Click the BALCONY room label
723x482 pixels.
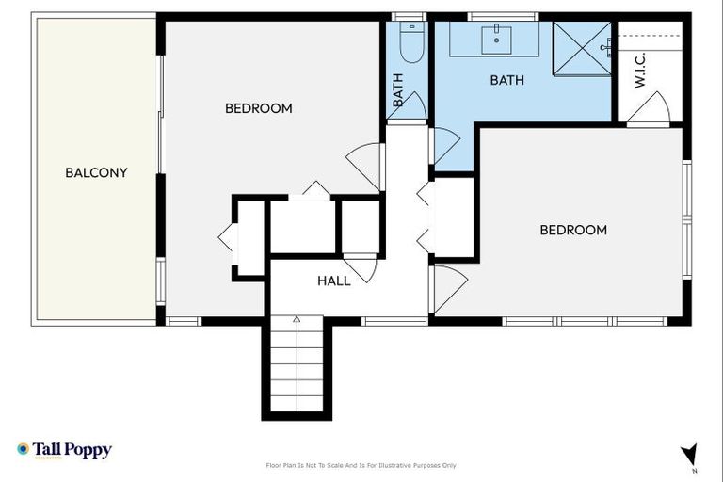point(96,173)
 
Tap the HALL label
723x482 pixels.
point(334,281)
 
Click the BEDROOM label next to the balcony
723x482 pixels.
point(258,108)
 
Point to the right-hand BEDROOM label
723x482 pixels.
point(572,230)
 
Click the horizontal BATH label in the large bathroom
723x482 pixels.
point(506,81)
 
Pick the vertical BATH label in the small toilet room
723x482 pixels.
point(397,90)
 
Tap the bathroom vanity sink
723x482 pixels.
point(496,40)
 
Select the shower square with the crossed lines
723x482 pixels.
point(582,48)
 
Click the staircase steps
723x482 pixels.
point(297,367)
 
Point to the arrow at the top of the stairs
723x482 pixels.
point(297,321)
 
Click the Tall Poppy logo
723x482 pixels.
point(64,450)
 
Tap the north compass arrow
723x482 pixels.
point(690,456)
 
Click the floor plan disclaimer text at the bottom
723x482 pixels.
point(361,465)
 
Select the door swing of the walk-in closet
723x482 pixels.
point(650,109)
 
